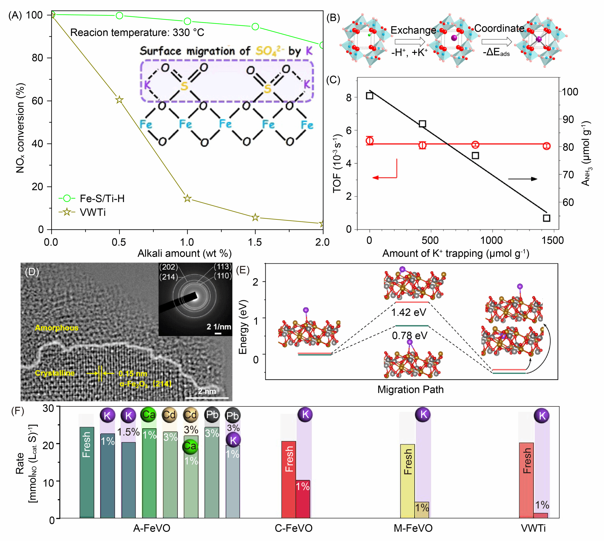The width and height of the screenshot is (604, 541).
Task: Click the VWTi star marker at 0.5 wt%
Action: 119,100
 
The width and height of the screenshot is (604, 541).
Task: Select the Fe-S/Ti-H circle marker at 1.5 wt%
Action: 255,27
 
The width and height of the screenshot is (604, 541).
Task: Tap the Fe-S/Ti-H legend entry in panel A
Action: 92,198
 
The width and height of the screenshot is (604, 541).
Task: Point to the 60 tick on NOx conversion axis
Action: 38,101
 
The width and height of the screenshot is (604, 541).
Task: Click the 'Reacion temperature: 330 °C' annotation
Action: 137,32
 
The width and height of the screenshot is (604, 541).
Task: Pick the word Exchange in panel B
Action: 413,30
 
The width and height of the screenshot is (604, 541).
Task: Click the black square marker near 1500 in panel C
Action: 546,218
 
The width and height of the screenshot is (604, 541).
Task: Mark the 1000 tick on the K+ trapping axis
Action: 492,240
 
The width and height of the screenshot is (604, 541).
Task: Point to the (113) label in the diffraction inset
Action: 222,267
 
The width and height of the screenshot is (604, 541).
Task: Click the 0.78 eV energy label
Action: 410,336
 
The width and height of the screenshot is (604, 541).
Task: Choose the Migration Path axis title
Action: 410,389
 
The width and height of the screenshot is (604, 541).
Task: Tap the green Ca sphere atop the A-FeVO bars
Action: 149,414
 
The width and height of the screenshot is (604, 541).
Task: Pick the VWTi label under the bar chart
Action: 533,528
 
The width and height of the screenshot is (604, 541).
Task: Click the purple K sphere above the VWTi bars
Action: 542,416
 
